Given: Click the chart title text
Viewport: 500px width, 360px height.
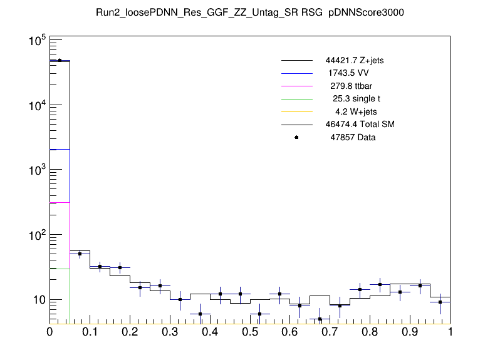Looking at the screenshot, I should click(249, 13).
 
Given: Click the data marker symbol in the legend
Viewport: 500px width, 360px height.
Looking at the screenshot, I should click(296, 137).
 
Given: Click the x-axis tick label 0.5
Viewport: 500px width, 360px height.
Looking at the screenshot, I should click(250, 332).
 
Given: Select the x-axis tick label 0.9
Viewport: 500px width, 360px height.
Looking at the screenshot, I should click(410, 332).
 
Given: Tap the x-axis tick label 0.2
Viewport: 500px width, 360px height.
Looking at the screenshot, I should click(130, 332).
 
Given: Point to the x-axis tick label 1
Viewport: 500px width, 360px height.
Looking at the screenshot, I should click(450, 332).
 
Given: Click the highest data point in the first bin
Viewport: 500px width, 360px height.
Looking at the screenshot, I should click(60, 60).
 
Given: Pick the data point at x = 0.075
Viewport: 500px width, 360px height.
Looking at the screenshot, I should click(80, 254).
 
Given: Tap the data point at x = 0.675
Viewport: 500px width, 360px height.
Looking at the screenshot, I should click(320, 319).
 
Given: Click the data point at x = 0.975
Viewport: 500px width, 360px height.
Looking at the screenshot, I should click(440, 302).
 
